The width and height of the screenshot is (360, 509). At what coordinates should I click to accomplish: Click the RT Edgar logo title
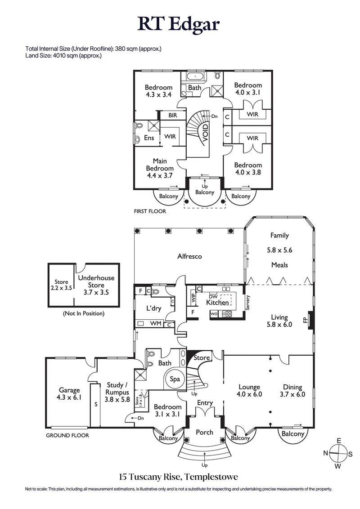pos(179,23)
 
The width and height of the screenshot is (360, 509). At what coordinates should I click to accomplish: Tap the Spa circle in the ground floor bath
pos(175,379)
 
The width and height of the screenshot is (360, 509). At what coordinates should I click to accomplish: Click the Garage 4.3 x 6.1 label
pos(69,394)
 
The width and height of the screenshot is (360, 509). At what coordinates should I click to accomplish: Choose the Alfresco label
pos(189,256)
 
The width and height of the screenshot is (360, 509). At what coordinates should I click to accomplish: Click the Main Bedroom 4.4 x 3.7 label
pos(159,168)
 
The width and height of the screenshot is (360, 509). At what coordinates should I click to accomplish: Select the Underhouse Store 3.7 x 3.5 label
pos(96,285)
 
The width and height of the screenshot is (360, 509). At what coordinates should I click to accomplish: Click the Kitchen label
pos(217,303)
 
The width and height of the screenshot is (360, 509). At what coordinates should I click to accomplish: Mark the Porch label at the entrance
pos(205,433)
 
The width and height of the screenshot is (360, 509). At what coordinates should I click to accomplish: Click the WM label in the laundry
pos(156,323)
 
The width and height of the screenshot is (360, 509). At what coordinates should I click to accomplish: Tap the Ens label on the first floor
pos(148,138)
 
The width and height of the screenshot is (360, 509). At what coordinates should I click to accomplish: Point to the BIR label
pos(173,116)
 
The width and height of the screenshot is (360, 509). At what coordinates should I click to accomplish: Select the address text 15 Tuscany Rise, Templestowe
pos(179,476)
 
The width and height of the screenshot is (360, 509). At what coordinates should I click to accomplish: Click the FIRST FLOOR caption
pos(150,211)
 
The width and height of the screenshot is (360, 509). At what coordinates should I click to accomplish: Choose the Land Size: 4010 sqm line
pos(63,56)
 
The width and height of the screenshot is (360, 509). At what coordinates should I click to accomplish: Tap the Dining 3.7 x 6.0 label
pos(292,391)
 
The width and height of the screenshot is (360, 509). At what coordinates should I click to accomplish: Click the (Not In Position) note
pos(83,313)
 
